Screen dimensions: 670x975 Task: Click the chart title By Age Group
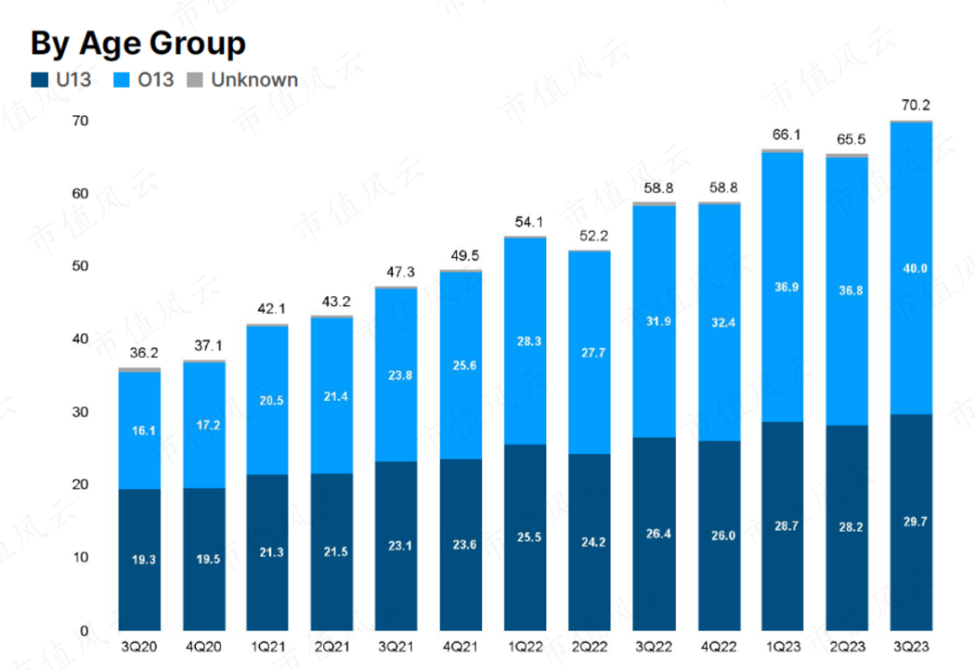(x=137, y=42)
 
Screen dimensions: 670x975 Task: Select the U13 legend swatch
(x=38, y=80)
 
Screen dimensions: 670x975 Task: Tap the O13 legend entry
(x=144, y=79)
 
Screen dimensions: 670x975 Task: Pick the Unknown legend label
(x=254, y=79)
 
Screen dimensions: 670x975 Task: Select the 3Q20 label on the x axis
(x=139, y=647)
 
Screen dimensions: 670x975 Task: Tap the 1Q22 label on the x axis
(x=525, y=647)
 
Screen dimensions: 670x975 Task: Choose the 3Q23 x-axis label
(x=911, y=647)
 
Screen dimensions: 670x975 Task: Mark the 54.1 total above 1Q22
(x=525, y=222)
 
